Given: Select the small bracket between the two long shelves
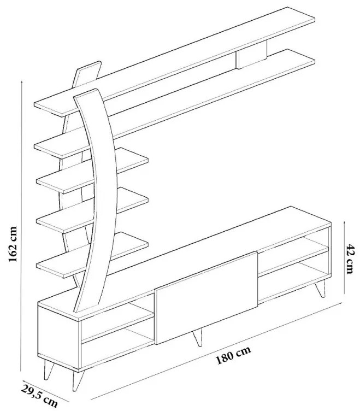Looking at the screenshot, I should (251, 58).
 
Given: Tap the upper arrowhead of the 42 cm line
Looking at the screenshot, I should (345, 222).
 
